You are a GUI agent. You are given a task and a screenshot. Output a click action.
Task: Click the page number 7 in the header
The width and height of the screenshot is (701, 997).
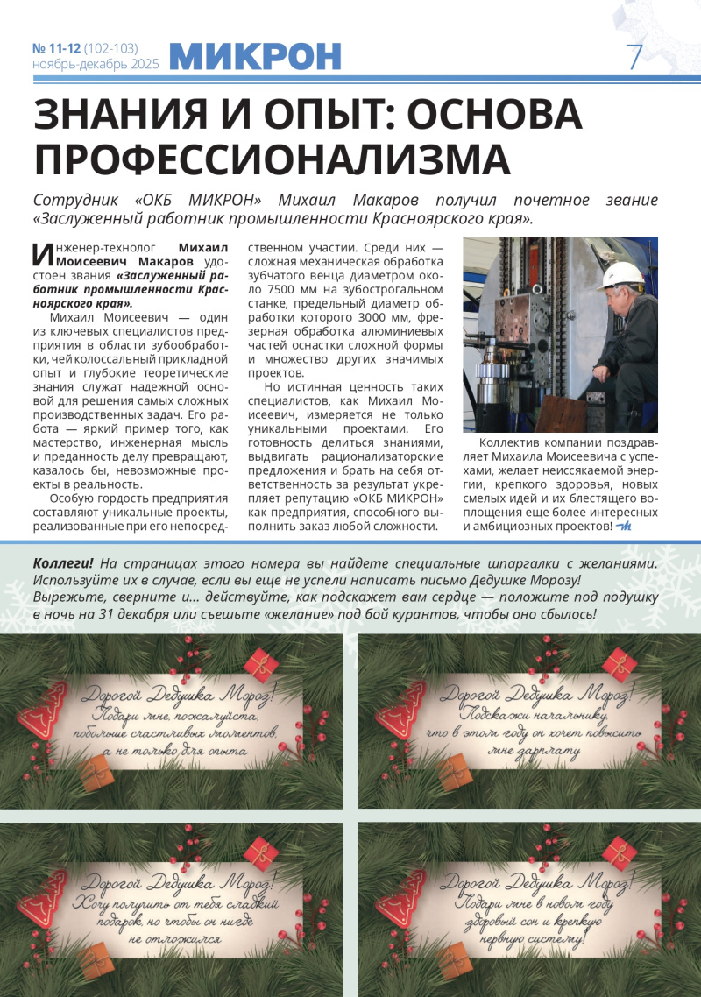(x=634, y=57)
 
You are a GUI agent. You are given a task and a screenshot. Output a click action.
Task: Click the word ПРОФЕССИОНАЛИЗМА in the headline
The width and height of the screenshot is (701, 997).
(x=272, y=159)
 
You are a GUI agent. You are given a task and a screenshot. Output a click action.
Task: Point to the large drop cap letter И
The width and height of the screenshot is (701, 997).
(x=43, y=254)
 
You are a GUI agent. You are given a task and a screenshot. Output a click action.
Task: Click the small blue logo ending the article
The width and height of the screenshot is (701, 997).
(x=624, y=526)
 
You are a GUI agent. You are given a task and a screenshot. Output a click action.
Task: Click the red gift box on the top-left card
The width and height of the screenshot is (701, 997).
(x=260, y=663)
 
